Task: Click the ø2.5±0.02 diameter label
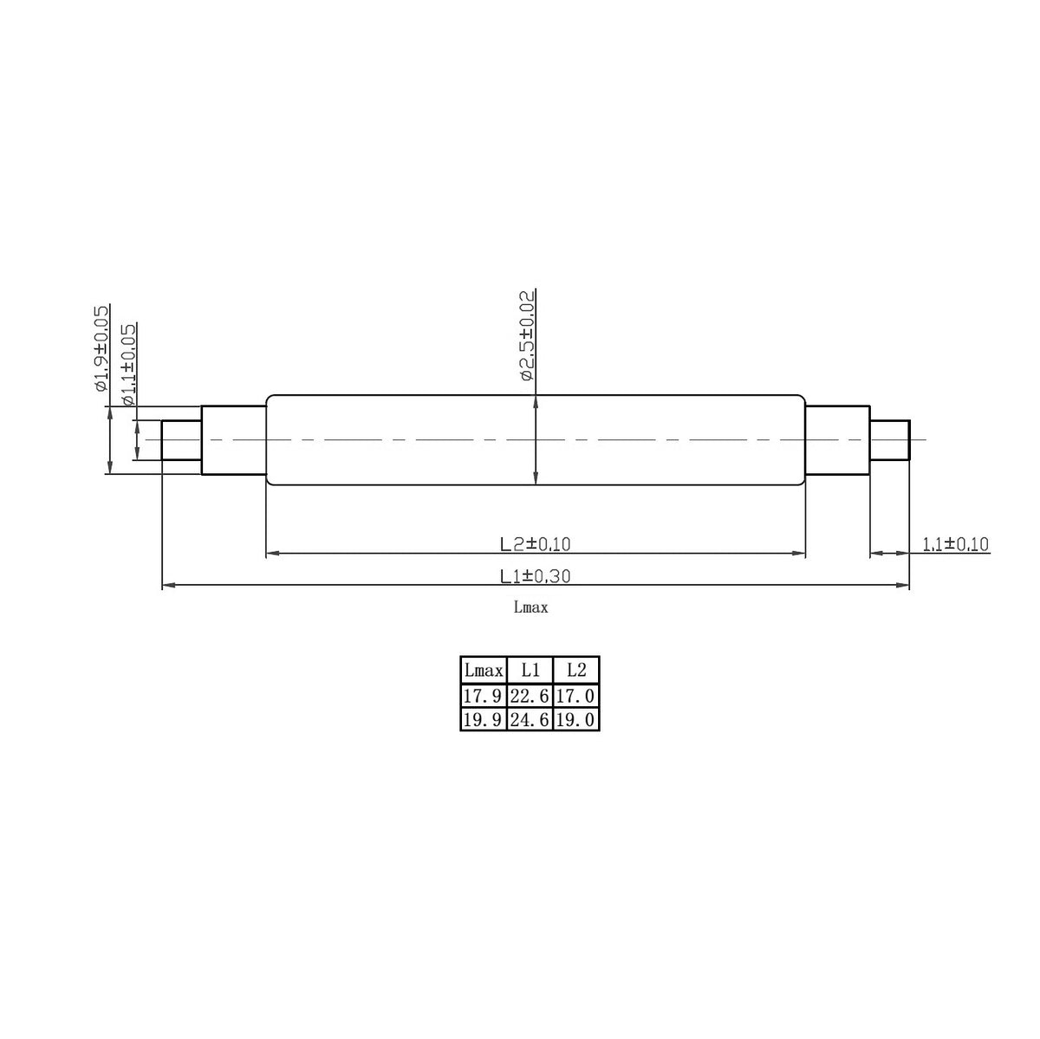(x=527, y=337)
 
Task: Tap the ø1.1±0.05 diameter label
(x=128, y=365)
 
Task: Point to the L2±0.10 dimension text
(x=535, y=544)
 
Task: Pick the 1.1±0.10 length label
(x=955, y=544)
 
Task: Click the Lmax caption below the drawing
(x=530, y=607)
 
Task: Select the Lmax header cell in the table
(x=484, y=671)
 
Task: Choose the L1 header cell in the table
(x=530, y=671)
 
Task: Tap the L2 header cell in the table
(x=575, y=671)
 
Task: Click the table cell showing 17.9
(x=484, y=696)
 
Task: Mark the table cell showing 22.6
(x=530, y=696)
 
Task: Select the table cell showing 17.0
(x=575, y=696)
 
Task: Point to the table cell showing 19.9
(x=484, y=719)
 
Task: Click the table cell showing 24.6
(x=530, y=719)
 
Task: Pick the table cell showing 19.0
(x=575, y=719)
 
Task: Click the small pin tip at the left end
(x=182, y=440)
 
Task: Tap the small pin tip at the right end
(x=890, y=440)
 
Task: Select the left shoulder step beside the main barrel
(x=234, y=440)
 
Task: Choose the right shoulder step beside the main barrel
(x=837, y=440)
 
